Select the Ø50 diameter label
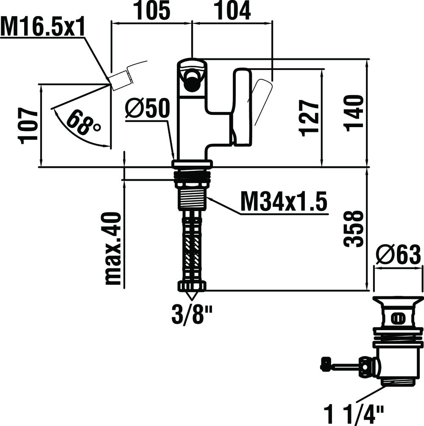pyautogui.click(x=148, y=109)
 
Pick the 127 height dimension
pyautogui.click(x=310, y=117)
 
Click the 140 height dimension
pyautogui.click(x=354, y=113)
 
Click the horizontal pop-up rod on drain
pyautogui.click(x=343, y=364)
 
